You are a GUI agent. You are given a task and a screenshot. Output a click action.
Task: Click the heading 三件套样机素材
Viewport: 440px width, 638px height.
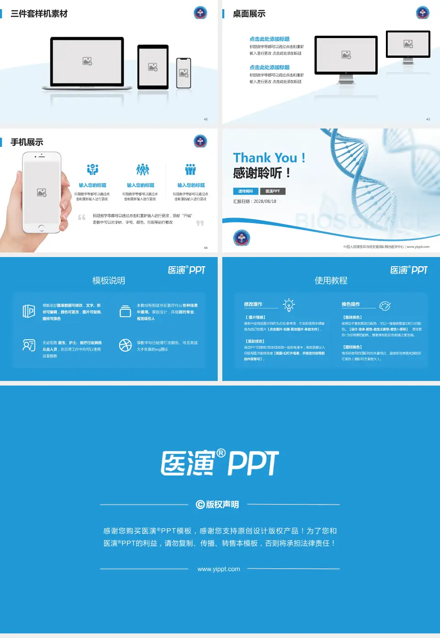pyautogui.click(x=39, y=14)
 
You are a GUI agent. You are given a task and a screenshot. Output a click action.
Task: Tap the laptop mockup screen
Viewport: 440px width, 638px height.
pyautogui.click(x=87, y=61)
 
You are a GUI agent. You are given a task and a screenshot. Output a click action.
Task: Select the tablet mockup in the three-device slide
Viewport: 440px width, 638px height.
pyautogui.click(x=153, y=67)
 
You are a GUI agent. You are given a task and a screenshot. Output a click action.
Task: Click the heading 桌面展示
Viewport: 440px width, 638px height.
pyautogui.click(x=249, y=14)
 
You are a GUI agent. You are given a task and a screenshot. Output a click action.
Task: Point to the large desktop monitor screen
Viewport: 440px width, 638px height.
pyautogui.click(x=346, y=55)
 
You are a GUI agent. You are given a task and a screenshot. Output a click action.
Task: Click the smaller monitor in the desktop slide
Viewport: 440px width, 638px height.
pyautogui.click(x=408, y=44)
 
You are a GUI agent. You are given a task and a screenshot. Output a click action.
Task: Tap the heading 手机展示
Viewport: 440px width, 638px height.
pyautogui.click(x=27, y=142)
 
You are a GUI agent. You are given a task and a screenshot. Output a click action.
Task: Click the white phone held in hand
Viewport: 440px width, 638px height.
pyautogui.click(x=42, y=192)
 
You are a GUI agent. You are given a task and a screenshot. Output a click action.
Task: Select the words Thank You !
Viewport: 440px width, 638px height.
pyautogui.click(x=269, y=158)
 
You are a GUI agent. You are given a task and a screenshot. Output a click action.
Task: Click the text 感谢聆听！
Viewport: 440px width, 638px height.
pyautogui.click(x=262, y=173)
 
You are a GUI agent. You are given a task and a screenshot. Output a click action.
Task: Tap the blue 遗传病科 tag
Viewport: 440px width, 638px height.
pyautogui.click(x=246, y=191)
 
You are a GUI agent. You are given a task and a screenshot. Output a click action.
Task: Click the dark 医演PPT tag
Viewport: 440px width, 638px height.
pyautogui.click(x=273, y=191)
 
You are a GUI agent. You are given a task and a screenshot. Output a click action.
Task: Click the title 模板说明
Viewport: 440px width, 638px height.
pyautogui.click(x=109, y=280)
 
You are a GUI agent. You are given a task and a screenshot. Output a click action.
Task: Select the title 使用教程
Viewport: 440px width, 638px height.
pyautogui.click(x=331, y=280)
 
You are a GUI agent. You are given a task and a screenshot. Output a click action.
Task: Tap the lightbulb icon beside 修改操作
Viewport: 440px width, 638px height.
pyautogui.click(x=289, y=305)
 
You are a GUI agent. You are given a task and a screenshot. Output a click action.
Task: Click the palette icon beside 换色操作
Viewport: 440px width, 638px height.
pyautogui.click(x=385, y=306)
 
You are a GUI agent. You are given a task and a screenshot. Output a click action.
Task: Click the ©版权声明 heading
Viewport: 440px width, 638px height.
pyautogui.click(x=217, y=504)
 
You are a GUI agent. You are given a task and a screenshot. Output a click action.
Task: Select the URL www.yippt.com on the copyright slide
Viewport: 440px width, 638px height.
pyautogui.click(x=219, y=569)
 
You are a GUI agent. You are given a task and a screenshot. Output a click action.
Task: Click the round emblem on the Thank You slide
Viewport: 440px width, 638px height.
pyautogui.click(x=242, y=238)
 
